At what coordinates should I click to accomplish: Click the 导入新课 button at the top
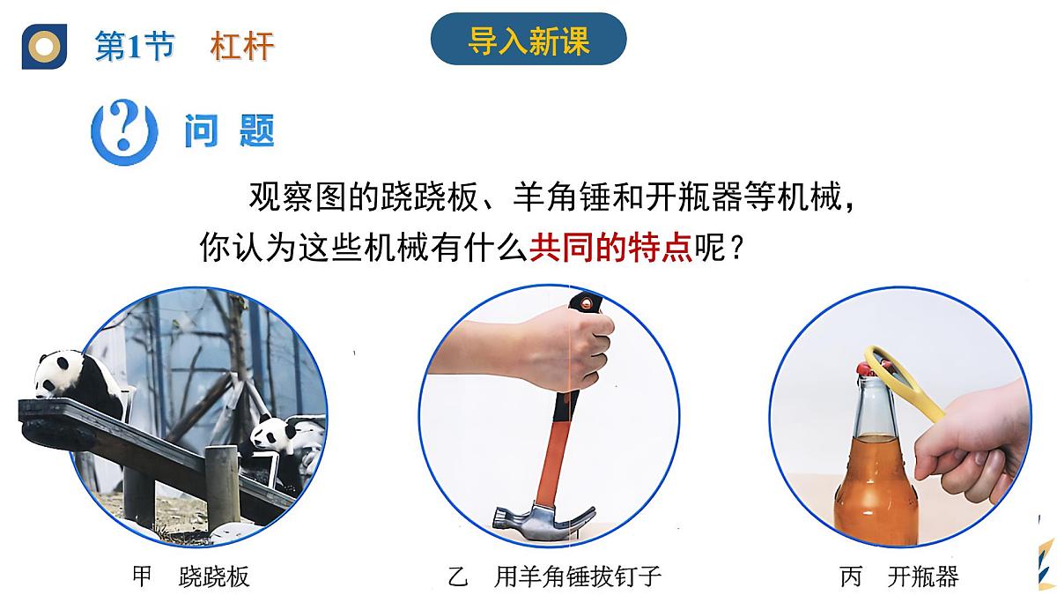[x=528, y=40]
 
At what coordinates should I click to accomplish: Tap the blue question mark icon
[x=124, y=131]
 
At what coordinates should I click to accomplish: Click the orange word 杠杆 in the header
[x=242, y=47]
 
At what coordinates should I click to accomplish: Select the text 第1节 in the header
[x=134, y=47]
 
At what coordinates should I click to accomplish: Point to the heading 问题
[x=230, y=131]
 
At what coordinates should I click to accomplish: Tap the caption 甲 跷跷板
[x=190, y=577]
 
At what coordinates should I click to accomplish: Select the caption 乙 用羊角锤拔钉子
[x=554, y=577]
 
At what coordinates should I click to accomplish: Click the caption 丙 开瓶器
[x=898, y=577]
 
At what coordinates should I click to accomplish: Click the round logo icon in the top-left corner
[x=44, y=46]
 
